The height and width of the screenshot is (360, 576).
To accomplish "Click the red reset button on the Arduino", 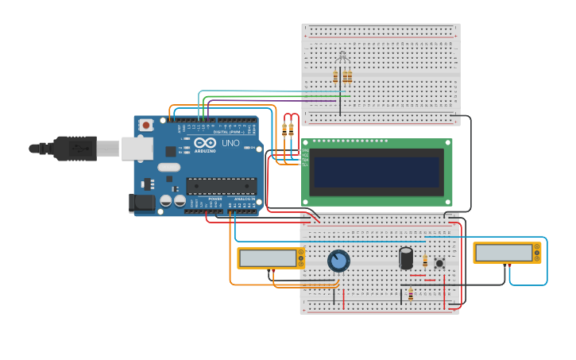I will [x=146, y=125].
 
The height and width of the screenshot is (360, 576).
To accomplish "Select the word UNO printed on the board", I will [x=230, y=143].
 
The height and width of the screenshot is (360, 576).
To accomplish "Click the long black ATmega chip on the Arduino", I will [x=221, y=186].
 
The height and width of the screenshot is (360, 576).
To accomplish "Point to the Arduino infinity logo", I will [x=204, y=142].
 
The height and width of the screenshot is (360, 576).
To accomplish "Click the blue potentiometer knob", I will [x=338, y=261].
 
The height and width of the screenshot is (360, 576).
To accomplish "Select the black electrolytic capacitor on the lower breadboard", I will [x=406, y=257].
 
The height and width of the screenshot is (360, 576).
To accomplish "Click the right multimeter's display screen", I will [x=504, y=253].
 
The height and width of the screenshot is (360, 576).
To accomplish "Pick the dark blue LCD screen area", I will [x=376, y=172].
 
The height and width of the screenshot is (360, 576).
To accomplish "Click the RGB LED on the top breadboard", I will [x=342, y=57].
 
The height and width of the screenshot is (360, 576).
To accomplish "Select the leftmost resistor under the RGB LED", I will [x=335, y=76].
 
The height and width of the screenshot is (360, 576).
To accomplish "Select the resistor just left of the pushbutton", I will [x=425, y=261].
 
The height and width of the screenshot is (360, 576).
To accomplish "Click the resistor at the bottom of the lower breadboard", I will [x=410, y=295].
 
